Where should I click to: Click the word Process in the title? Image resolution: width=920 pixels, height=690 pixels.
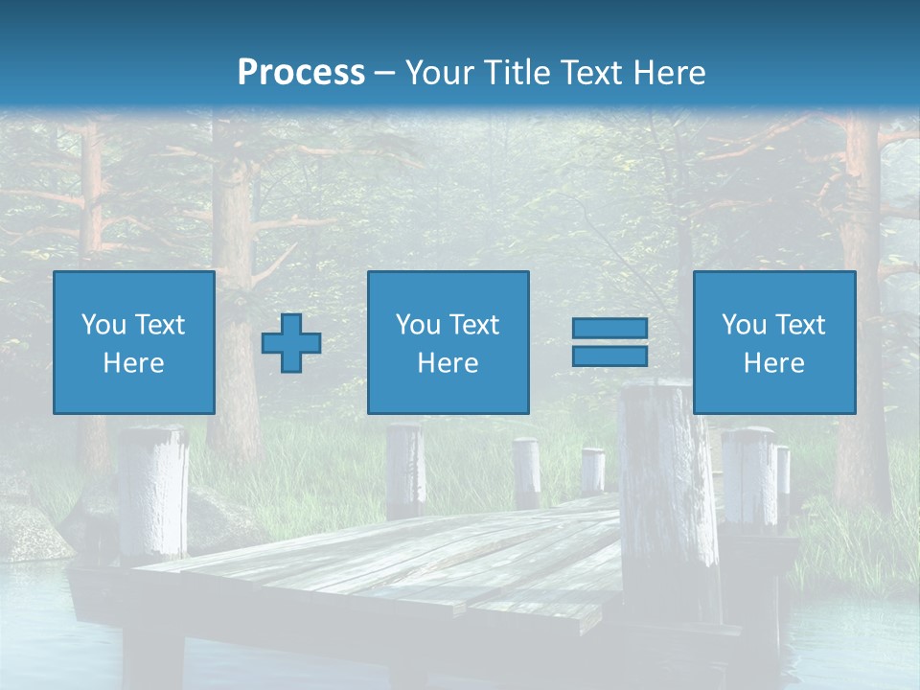[301, 73]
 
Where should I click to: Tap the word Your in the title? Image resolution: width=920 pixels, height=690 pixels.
[440, 73]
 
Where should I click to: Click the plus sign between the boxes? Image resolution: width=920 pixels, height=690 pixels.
[291, 342]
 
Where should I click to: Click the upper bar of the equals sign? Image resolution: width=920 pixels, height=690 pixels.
[609, 329]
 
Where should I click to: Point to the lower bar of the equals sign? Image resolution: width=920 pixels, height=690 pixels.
[609, 356]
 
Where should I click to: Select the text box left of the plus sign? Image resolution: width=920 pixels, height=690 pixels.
[134, 342]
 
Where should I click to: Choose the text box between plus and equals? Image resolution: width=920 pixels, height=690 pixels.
[448, 342]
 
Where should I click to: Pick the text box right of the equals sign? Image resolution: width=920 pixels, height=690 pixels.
[773, 342]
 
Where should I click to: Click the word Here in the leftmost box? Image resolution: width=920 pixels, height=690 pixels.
[134, 363]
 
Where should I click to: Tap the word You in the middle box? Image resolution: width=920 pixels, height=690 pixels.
[418, 325]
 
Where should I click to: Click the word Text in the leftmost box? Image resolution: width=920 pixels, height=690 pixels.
[159, 325]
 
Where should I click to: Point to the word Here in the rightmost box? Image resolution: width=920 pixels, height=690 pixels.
[773, 363]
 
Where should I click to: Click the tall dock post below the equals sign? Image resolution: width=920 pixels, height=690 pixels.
[668, 498]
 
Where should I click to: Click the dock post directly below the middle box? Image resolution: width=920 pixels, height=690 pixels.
[405, 470]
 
